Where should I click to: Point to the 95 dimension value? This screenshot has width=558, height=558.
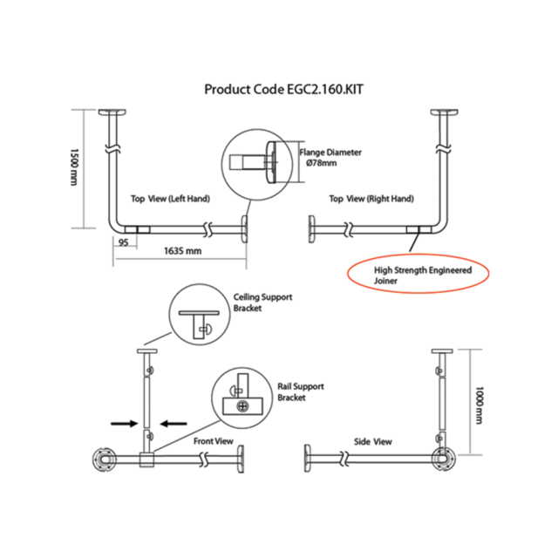point(124,243)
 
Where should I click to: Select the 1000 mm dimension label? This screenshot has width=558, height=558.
point(480,402)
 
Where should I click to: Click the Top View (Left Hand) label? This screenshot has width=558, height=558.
point(170,199)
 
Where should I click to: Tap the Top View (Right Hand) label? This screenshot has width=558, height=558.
point(371,199)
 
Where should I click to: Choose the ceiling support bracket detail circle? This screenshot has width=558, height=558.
point(198,317)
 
